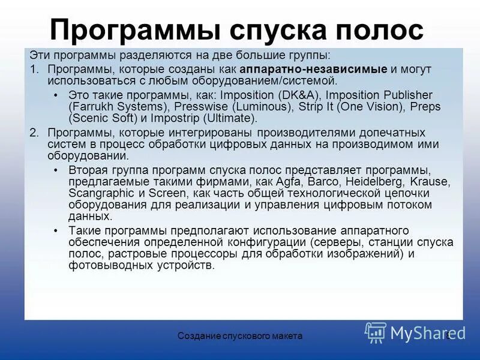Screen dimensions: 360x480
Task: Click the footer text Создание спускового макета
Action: (240, 337)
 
